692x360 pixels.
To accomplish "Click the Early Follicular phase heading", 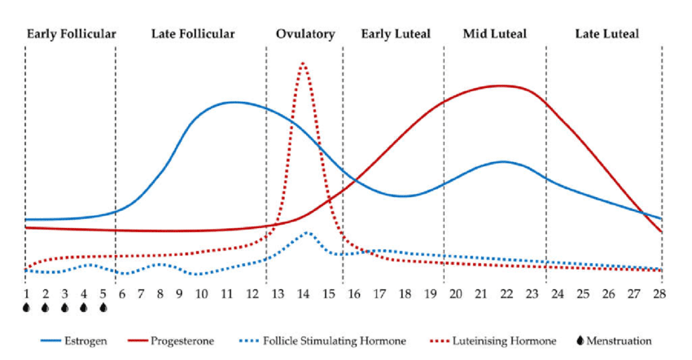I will [71, 34].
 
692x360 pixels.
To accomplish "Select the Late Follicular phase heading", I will [193, 34].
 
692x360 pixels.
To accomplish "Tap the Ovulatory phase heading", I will [304, 34].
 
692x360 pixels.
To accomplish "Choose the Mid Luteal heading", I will [494, 34].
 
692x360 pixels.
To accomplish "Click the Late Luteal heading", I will [607, 34].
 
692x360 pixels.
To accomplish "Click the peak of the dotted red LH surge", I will [304, 63].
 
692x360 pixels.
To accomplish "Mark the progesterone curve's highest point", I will [503, 86].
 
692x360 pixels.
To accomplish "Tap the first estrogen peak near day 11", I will [234, 102].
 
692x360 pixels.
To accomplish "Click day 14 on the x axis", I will [304, 293].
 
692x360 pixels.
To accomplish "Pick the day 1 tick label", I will [26, 293].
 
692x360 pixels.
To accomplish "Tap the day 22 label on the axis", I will [506, 293].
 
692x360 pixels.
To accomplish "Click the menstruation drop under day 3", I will [64, 308].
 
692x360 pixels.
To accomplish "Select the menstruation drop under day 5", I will [103, 308].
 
